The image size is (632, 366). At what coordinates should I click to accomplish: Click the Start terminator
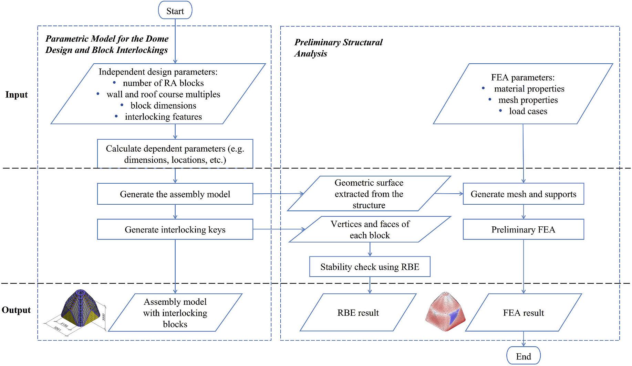175,11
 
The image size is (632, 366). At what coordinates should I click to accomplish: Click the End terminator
523,356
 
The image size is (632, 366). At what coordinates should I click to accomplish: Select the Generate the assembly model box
175,194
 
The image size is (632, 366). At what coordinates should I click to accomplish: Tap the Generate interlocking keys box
175,230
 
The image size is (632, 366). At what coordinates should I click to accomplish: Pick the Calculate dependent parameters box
175,154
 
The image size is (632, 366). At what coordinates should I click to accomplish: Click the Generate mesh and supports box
523,194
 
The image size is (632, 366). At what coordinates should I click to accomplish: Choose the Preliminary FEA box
523,230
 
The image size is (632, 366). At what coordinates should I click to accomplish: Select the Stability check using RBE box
370,267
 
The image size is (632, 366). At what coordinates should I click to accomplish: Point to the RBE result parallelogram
358,313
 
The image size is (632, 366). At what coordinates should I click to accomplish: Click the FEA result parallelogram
523,313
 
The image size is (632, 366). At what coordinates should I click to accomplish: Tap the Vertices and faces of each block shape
370,230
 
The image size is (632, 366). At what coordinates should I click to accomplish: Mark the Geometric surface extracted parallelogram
369,194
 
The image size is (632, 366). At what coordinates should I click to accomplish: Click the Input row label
16,95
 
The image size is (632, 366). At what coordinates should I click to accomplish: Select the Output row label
16,310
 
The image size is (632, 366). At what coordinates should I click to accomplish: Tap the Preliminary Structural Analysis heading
338,48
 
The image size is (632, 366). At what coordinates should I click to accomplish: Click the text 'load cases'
528,111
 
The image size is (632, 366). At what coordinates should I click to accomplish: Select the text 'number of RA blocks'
163,83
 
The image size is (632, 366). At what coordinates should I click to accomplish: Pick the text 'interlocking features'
163,117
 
